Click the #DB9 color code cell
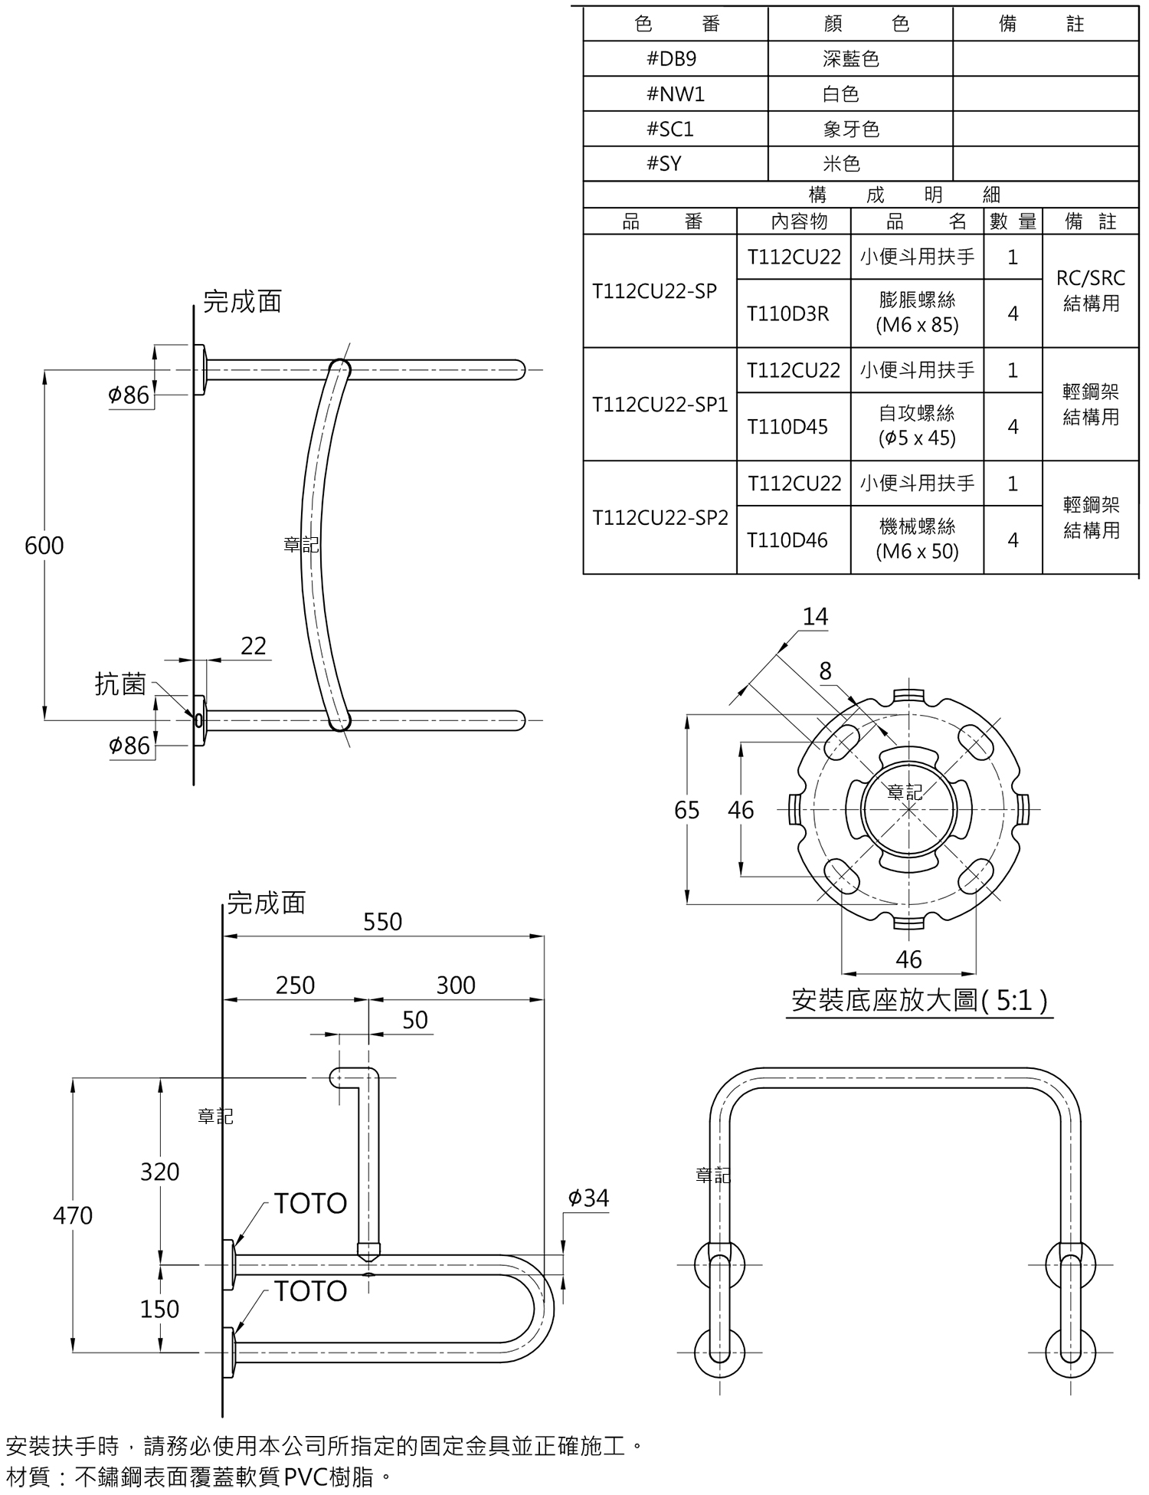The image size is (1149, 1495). click(x=675, y=58)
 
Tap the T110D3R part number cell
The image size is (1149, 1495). click(x=794, y=313)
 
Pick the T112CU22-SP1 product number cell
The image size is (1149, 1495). click(x=660, y=405)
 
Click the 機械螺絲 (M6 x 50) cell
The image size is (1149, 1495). click(x=917, y=539)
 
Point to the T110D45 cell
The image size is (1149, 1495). click(x=794, y=427)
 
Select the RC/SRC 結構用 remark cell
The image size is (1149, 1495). click(x=1091, y=291)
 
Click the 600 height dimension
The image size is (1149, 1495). click(x=44, y=546)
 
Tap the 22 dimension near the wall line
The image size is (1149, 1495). click(x=254, y=646)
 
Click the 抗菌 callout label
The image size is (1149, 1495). click(x=120, y=684)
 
